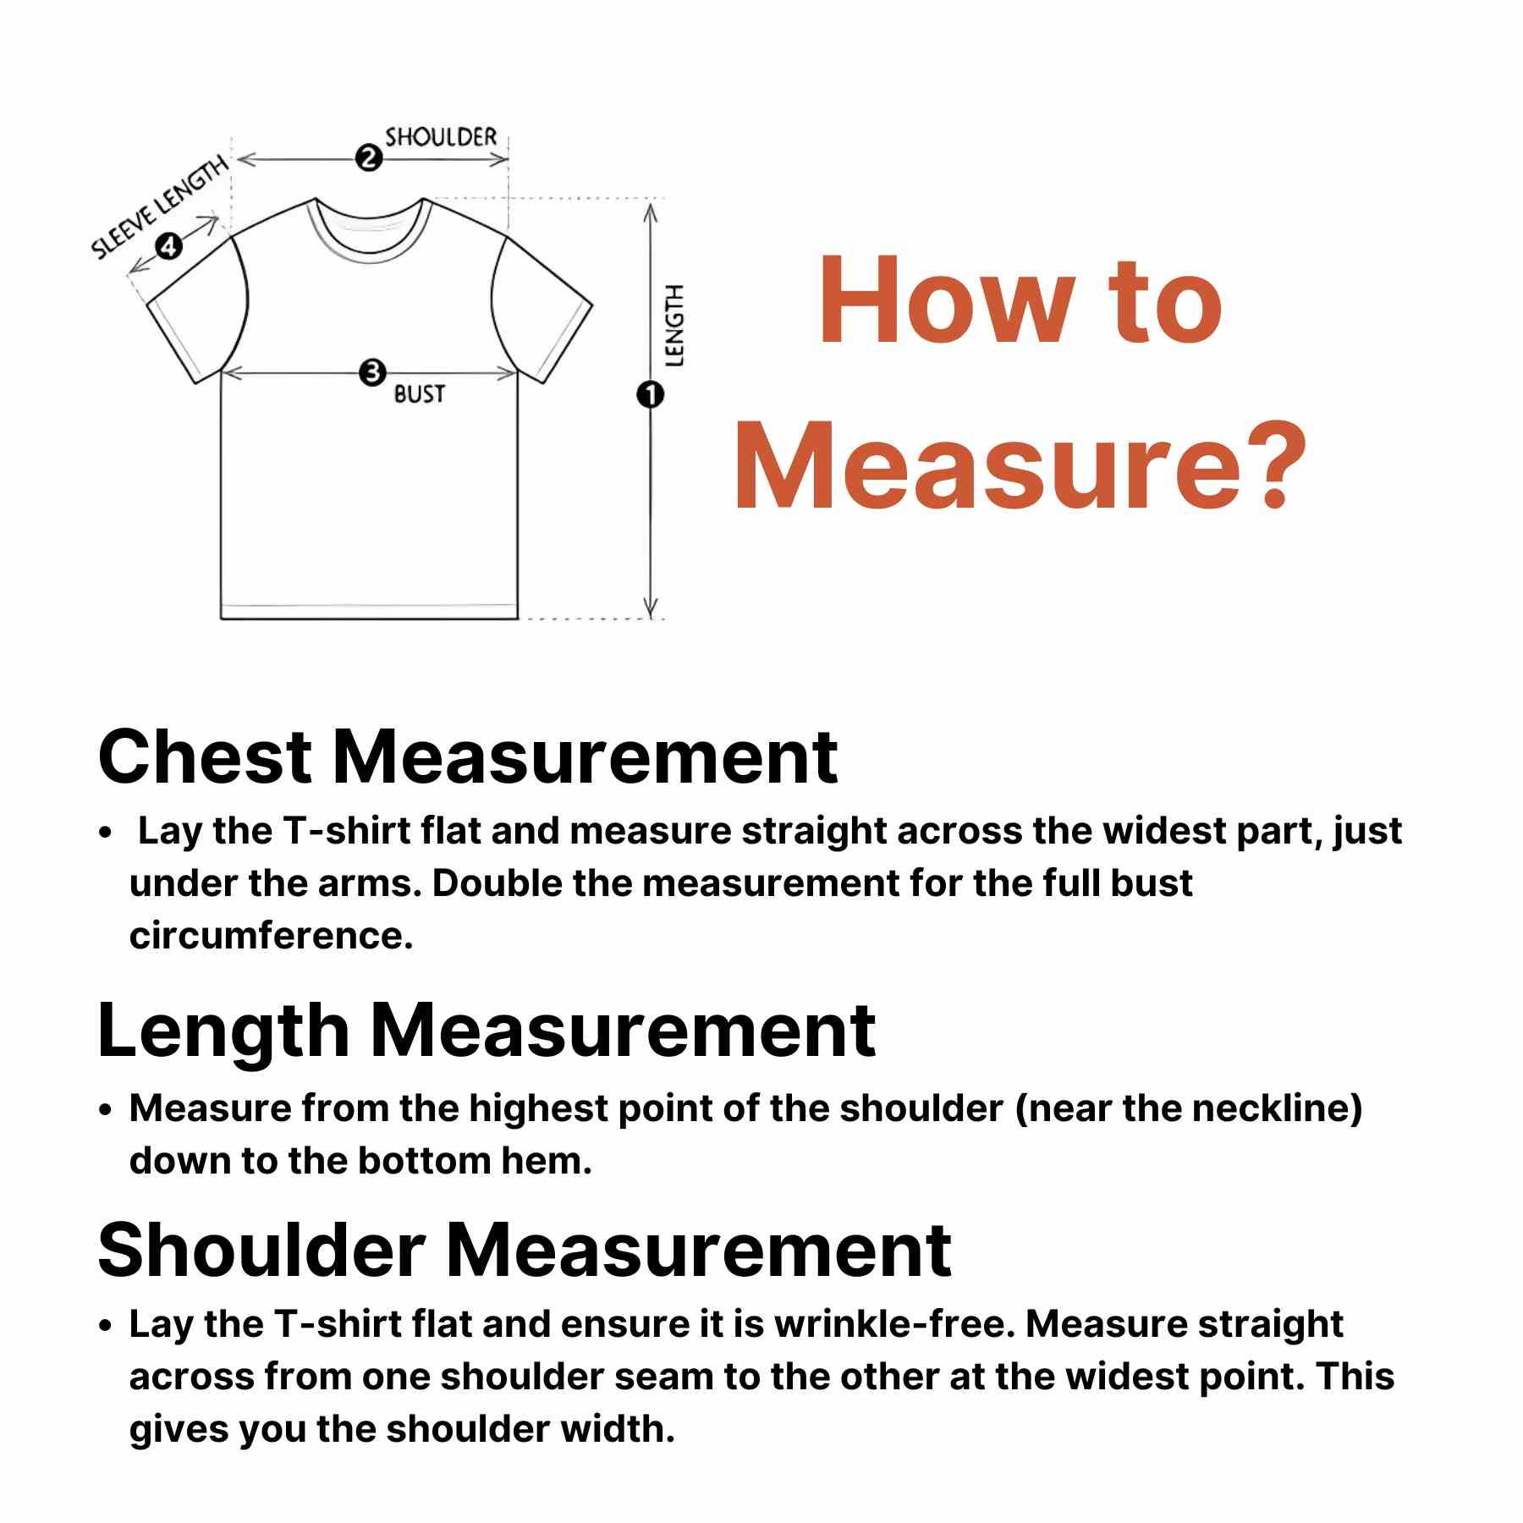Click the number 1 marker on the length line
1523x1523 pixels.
[650, 394]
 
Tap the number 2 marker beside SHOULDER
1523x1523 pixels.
[368, 157]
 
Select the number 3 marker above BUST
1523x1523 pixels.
[372, 372]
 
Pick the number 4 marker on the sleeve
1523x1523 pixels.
[169, 246]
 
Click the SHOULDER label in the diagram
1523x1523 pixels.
[441, 137]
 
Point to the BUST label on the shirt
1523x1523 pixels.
[419, 394]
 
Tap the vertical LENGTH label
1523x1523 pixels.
[674, 326]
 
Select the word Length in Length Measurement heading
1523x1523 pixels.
[223, 1032]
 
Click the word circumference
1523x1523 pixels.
[271, 936]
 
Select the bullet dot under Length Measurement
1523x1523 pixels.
[105, 1110]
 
